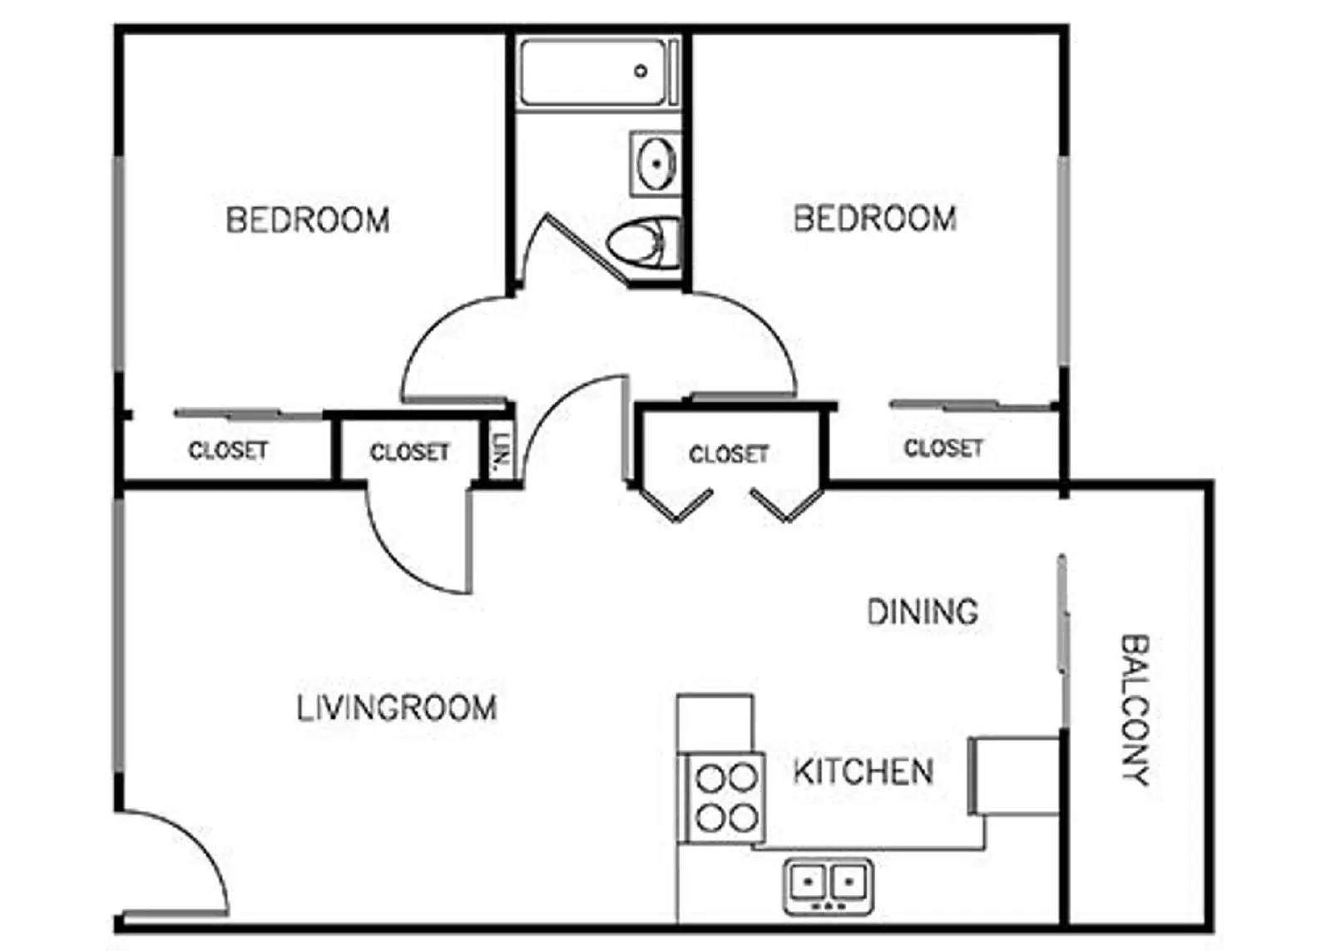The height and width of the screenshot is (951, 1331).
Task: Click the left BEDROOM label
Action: [308, 220]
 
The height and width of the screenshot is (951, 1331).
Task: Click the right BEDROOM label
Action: [875, 219]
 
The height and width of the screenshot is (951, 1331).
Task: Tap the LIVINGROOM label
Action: [397, 708]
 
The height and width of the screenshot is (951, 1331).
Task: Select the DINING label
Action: [923, 612]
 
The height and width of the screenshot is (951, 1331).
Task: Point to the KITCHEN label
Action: [863, 772]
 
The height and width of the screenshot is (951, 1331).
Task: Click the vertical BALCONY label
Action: [1134, 710]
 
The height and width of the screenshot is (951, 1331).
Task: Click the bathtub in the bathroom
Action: [592, 72]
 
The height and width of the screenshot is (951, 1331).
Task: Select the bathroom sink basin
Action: [656, 163]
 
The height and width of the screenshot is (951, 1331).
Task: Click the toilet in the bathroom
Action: [643, 243]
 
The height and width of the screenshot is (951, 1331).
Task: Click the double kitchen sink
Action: [828, 885]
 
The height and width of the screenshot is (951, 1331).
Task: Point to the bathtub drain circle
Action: [641, 72]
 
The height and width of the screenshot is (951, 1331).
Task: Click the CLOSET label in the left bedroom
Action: [228, 451]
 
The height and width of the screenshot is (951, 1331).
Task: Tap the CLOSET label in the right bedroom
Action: [943, 448]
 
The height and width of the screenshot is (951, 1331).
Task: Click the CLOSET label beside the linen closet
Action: [409, 453]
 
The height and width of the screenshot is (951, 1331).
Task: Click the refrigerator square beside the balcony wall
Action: [1015, 775]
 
